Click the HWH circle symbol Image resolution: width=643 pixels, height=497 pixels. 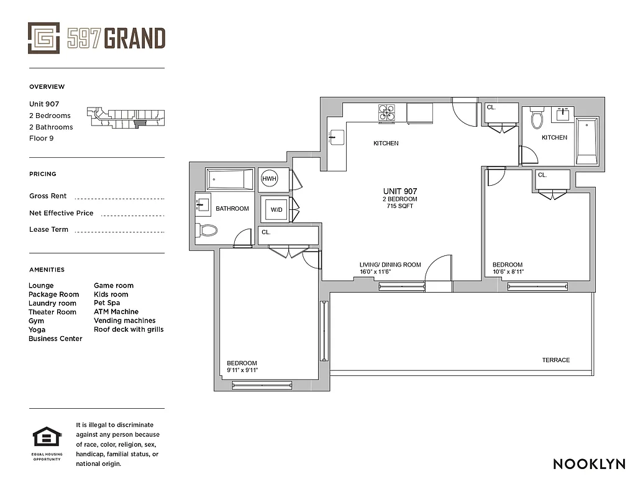click(x=269, y=179)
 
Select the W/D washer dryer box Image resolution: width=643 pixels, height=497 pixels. click(x=276, y=209)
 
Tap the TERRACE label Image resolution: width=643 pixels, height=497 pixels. click(x=555, y=360)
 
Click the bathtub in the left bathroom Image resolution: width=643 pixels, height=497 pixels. click(x=230, y=180)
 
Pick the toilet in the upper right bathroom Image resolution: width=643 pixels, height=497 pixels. click(x=537, y=118)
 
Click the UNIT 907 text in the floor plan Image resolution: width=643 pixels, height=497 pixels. click(x=399, y=191)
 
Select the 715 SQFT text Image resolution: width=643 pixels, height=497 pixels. click(x=399, y=206)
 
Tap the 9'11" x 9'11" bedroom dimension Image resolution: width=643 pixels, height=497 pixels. click(x=242, y=370)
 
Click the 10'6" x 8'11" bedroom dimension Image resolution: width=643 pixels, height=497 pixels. click(x=508, y=271)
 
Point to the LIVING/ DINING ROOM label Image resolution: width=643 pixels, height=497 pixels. click(x=390, y=265)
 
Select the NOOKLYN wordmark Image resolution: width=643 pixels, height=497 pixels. click(x=588, y=464)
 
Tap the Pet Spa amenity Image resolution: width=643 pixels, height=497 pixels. click(x=107, y=303)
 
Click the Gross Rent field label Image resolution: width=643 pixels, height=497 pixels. click(x=48, y=196)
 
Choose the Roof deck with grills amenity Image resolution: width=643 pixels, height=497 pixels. click(x=129, y=329)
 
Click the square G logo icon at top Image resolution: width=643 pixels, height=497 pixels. click(x=43, y=38)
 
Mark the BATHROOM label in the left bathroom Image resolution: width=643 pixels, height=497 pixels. click(x=232, y=209)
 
